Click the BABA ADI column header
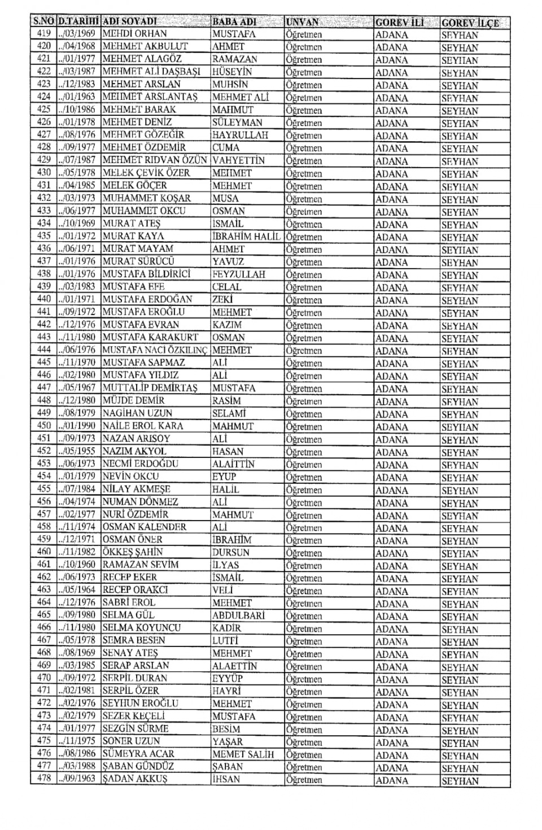(234, 22)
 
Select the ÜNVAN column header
(303, 22)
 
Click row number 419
(43, 34)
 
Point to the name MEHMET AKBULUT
(145, 46)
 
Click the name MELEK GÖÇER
(134, 185)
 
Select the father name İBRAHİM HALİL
(246, 236)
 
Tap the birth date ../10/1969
(78, 223)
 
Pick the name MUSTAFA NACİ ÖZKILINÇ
(155, 350)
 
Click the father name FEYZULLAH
(239, 274)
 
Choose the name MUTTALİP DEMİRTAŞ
(150, 388)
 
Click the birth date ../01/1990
(78, 426)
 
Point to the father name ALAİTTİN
(234, 464)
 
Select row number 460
(43, 552)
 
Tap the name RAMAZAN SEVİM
(141, 565)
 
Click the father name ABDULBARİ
(238, 615)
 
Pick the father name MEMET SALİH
(243, 754)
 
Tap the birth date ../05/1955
(78, 451)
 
